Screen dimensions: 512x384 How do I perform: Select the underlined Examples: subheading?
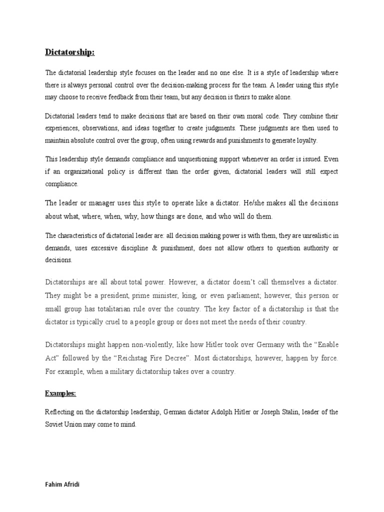click(60, 393)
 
